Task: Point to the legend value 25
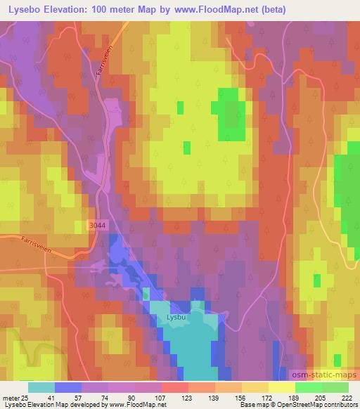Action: click(25, 398)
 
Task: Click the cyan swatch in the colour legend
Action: click(41, 387)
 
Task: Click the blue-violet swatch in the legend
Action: click(67, 387)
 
